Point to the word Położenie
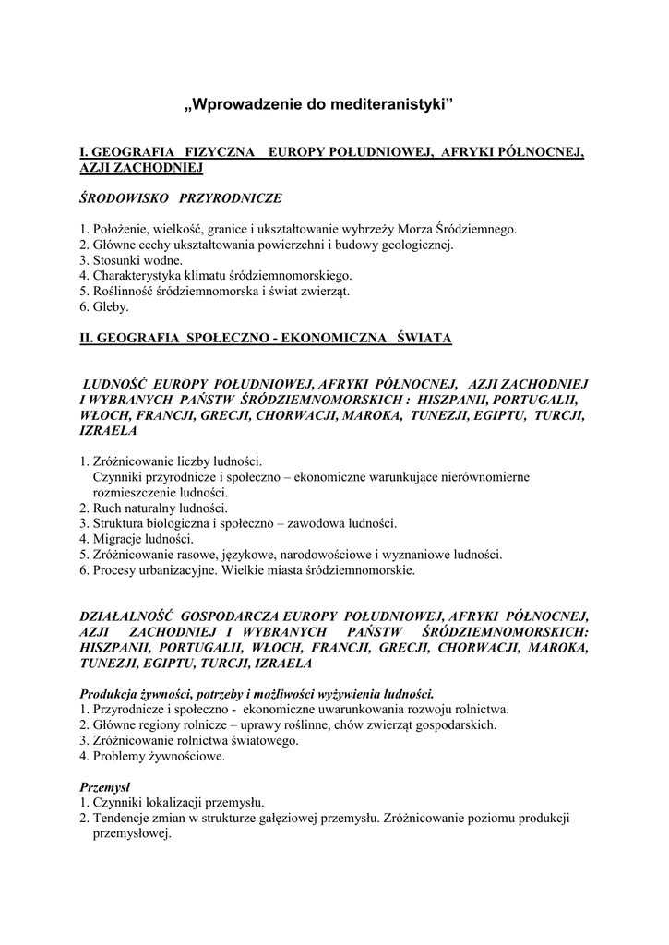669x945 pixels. [118, 229]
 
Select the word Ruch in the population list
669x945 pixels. [109, 508]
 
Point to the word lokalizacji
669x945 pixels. [184, 803]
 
